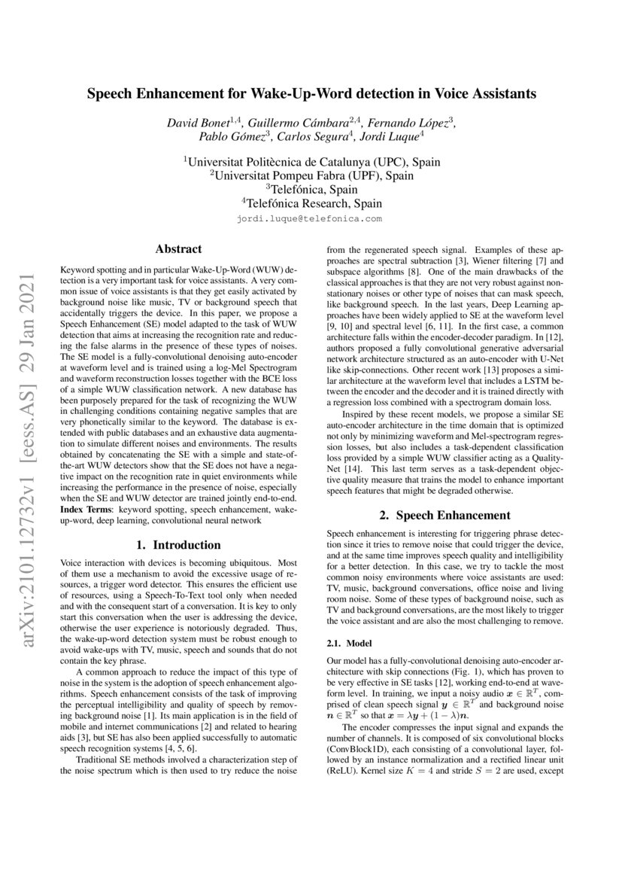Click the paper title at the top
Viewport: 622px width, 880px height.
point(311,94)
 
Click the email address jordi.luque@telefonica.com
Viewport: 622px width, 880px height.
point(310,219)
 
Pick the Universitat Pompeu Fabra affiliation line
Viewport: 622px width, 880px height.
point(311,175)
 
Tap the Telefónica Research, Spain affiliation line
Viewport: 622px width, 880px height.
point(311,203)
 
